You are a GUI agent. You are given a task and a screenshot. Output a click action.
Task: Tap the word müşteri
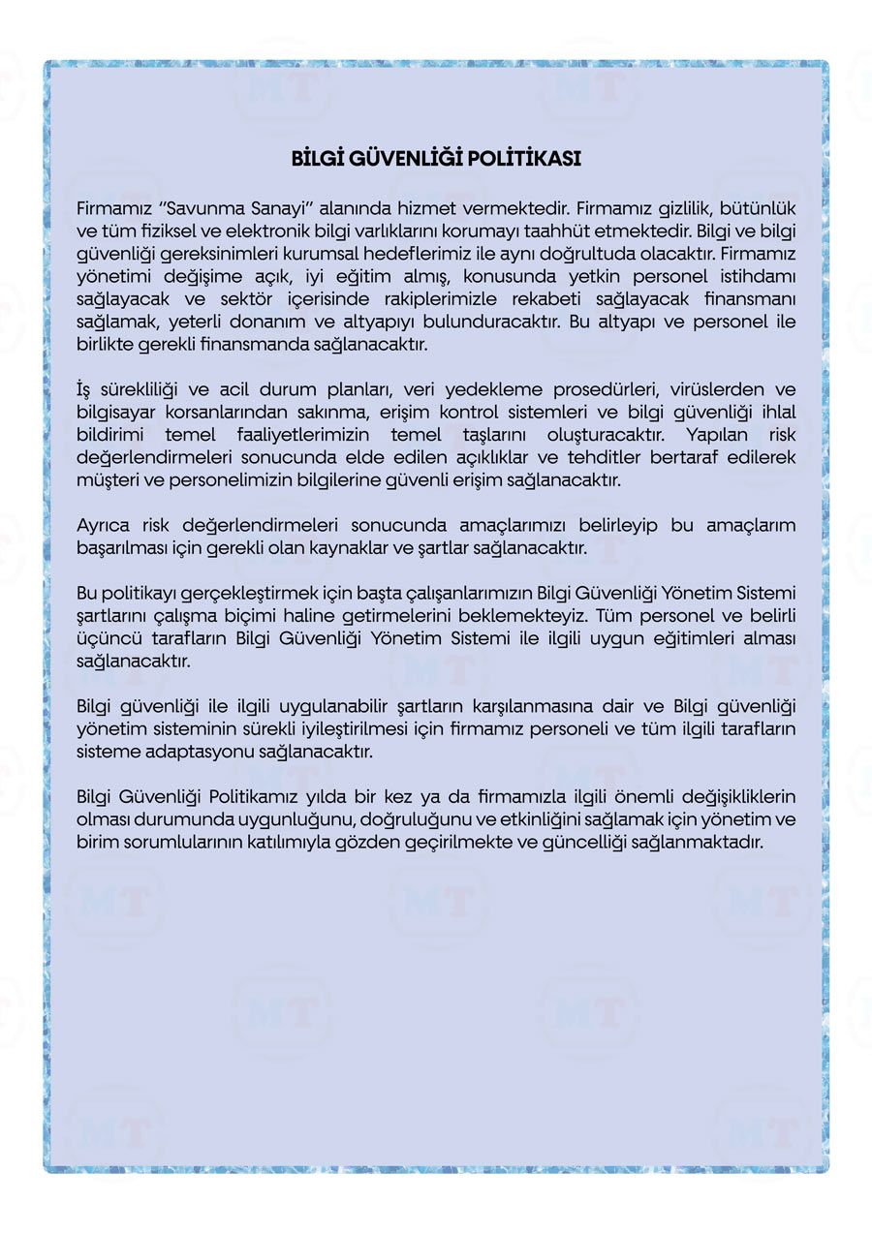point(104,480)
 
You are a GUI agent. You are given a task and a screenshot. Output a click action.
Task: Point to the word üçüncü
point(107,639)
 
